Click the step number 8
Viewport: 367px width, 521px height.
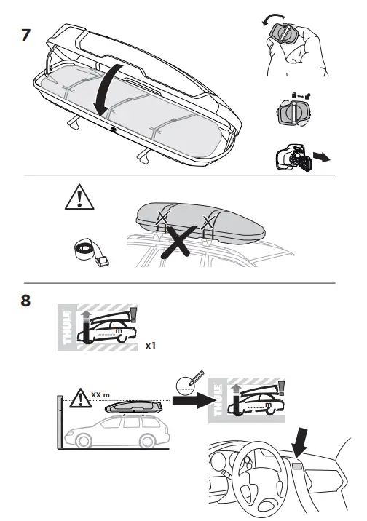point(26,300)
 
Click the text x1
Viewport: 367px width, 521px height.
point(151,346)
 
